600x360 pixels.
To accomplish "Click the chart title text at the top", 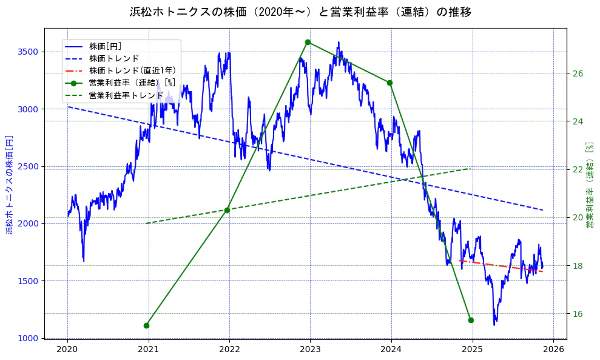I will click(x=300, y=12).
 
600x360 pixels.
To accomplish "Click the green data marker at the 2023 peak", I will click(x=308, y=42).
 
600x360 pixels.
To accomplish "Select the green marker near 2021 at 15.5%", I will click(x=146, y=325).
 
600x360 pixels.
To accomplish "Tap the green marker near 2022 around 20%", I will click(x=227, y=210).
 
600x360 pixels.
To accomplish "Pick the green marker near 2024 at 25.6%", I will click(x=389, y=83).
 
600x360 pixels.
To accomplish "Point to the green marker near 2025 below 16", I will click(x=471, y=320).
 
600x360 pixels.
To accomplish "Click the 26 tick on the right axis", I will click(x=578, y=73).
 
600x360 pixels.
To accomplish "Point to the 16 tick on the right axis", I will click(x=578, y=314).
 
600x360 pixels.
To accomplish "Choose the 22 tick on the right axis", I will click(x=578, y=169).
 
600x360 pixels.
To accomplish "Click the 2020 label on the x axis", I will click(x=67, y=350).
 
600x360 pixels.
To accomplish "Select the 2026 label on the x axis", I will click(x=553, y=350).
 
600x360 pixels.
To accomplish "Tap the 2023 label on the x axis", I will click(x=310, y=350).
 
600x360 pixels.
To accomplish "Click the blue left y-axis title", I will click(x=9, y=185).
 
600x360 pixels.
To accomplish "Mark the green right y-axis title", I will click(x=590, y=185).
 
